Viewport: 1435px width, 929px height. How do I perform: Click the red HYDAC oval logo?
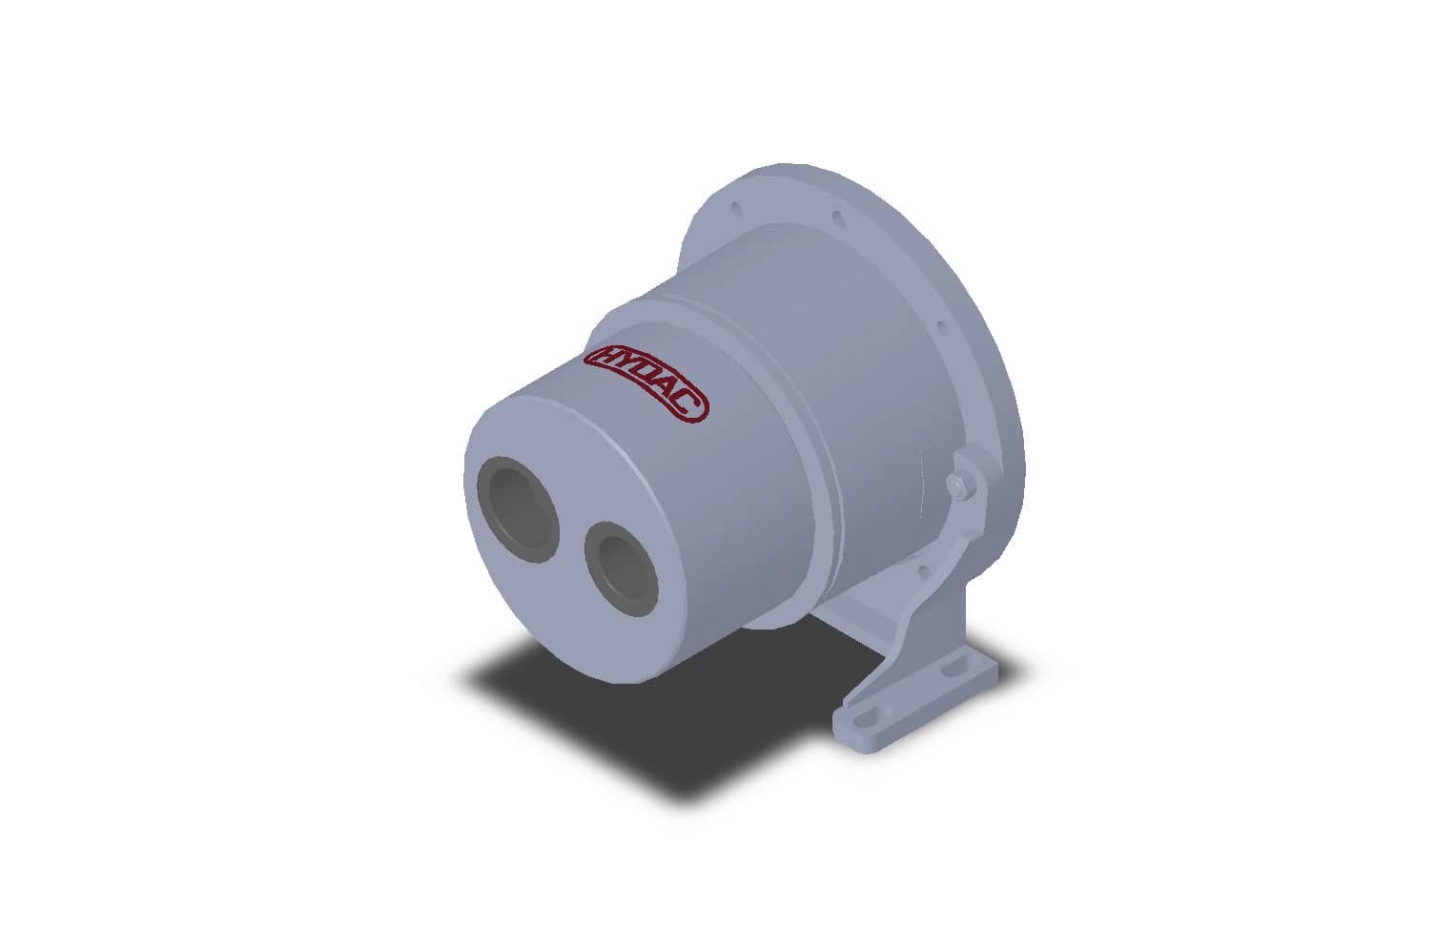coord(647,383)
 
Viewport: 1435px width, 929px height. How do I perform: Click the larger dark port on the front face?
coord(518,509)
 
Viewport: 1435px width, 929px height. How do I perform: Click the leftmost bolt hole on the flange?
coord(736,208)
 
